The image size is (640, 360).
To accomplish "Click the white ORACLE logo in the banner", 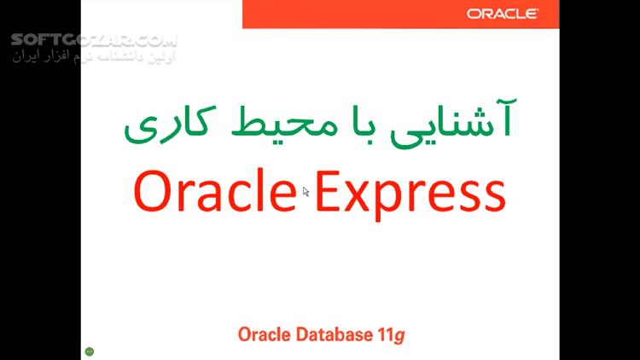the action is pos(503,14).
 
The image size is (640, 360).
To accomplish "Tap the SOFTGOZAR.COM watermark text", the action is pos(94,40).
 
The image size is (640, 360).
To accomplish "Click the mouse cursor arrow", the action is pos(306,192).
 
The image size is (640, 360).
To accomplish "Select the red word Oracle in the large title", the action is pos(215,190).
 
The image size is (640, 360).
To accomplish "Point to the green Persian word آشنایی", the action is pos(453,123).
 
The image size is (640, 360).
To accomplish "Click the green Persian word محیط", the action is pos(285,122).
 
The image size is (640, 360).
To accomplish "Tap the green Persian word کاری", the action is pos(170,124).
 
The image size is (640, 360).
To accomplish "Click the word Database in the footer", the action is pos(335,334).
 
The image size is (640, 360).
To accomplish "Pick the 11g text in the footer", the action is pos(391,335).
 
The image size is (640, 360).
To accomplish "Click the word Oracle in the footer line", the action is pos(265,334).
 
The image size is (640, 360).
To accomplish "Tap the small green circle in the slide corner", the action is pos(90,351).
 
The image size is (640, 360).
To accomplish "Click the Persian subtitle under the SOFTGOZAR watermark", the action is pos(94,55).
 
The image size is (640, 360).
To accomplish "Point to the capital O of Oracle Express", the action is pos(152,191).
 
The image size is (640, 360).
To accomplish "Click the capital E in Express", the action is pos(328,191).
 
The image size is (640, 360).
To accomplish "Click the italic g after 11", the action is pos(400,337).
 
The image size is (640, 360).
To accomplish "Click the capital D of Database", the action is pos(302,334).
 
